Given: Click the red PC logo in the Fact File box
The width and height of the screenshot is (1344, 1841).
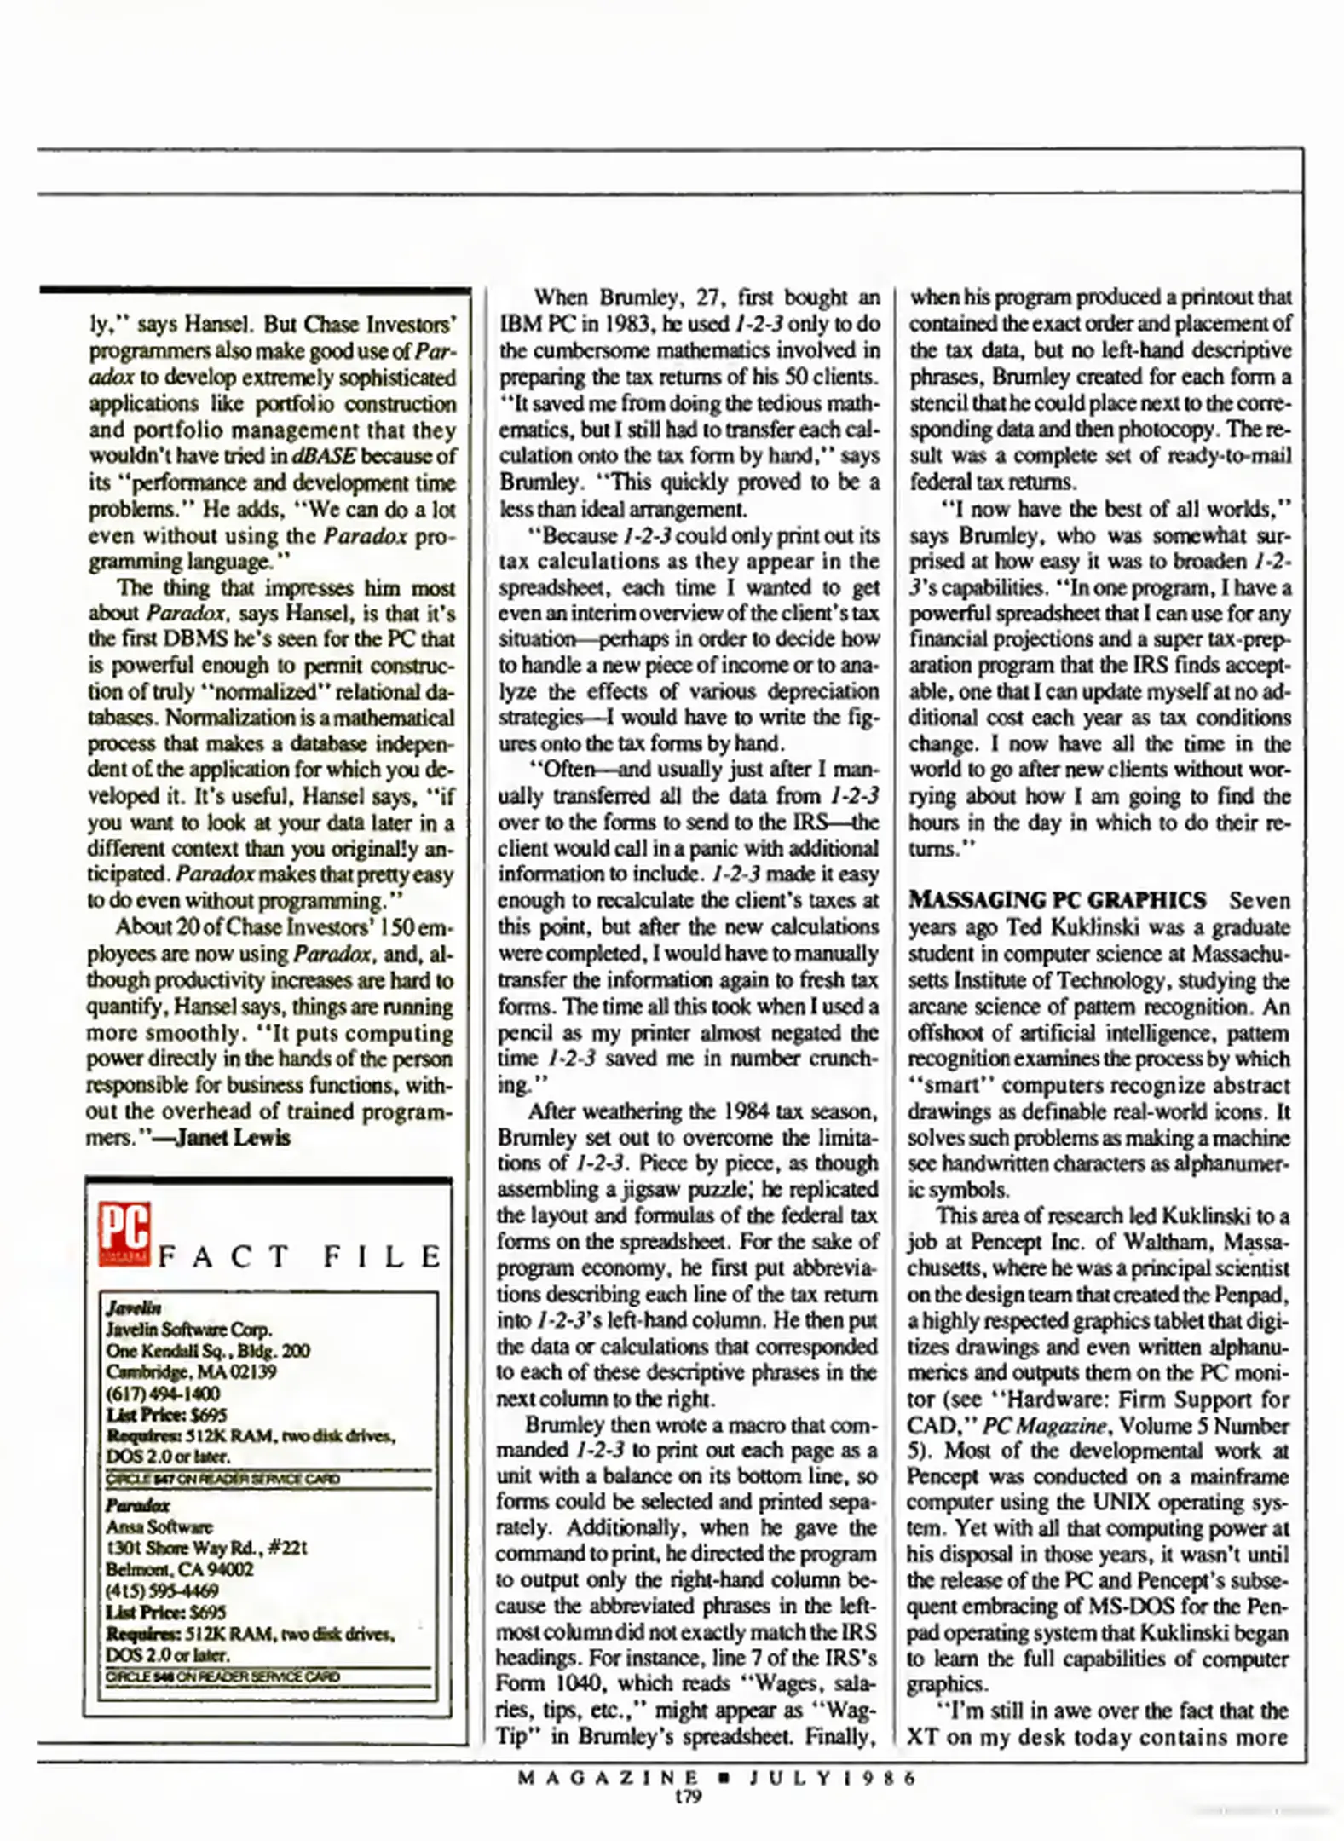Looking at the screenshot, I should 124,1233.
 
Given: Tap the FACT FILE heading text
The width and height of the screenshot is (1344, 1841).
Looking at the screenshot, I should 299,1257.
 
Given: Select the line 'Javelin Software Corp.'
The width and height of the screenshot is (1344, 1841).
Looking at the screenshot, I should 189,1329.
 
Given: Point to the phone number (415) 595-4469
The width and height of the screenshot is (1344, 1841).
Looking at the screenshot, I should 162,1590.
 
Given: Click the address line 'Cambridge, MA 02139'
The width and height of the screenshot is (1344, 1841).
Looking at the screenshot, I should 192,1371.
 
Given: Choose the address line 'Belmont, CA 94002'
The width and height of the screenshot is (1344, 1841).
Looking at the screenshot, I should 179,1569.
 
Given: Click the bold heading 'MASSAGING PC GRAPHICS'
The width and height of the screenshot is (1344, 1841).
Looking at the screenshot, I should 1057,900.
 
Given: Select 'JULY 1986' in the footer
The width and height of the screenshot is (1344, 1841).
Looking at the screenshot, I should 832,1778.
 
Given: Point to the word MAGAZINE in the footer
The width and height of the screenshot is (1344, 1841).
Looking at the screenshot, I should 608,1778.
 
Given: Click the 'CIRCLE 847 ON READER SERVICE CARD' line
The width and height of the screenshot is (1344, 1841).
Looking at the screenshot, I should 223,1479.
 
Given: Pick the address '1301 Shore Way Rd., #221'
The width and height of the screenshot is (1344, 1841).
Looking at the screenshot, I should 206,1548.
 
